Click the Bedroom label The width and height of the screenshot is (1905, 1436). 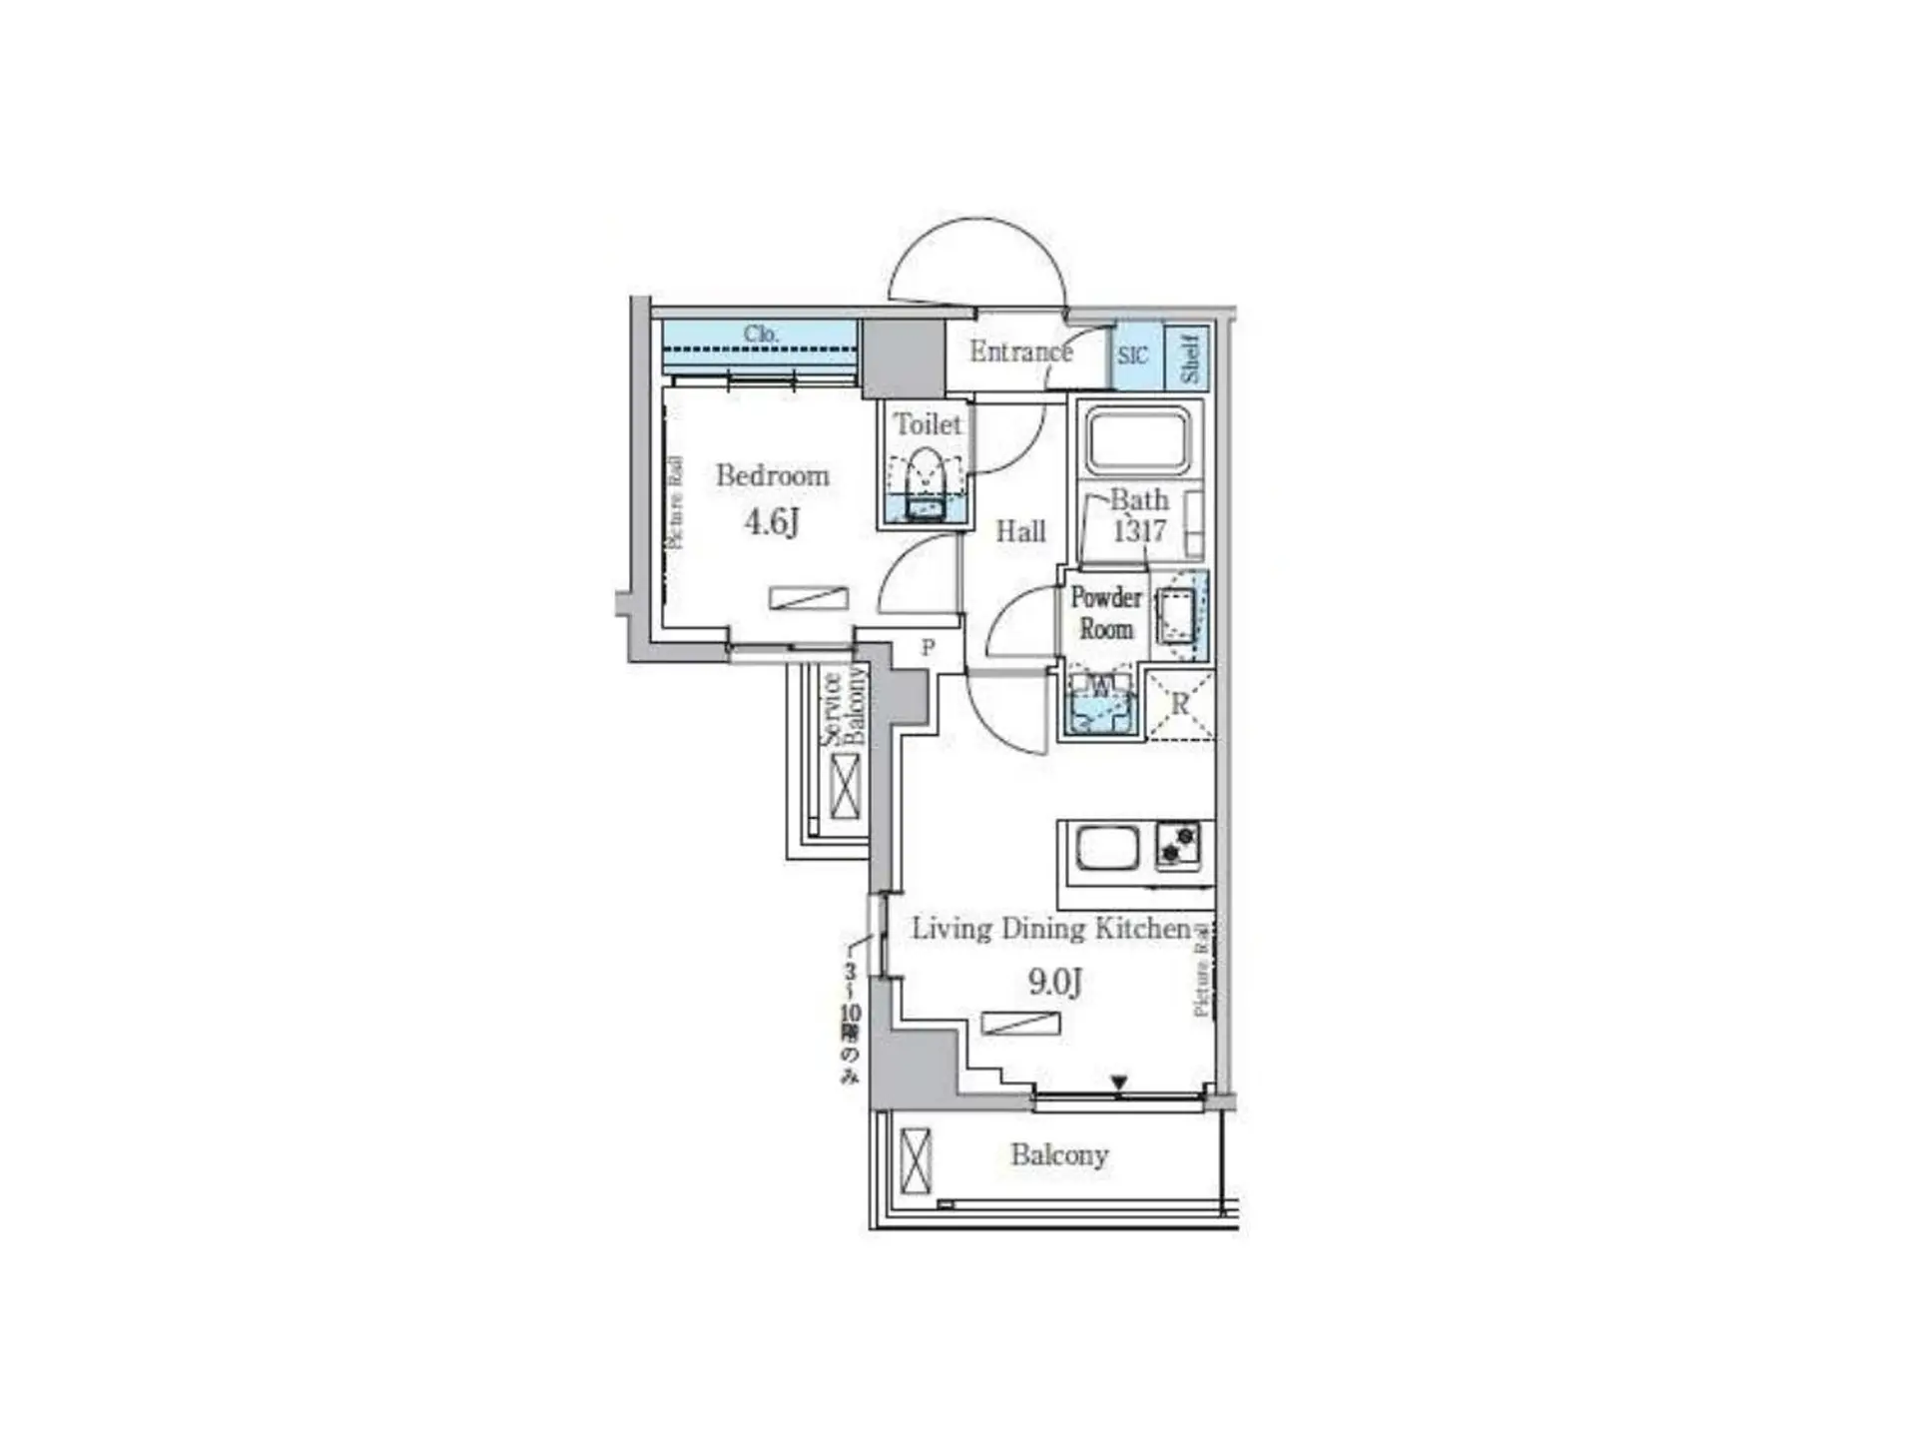click(x=772, y=474)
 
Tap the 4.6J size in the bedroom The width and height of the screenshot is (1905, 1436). click(x=772, y=521)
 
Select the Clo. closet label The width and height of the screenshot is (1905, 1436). click(x=761, y=334)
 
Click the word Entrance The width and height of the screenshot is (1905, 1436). click(x=1019, y=352)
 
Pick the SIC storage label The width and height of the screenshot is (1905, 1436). click(x=1132, y=356)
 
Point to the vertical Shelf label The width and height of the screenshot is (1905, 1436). click(x=1189, y=358)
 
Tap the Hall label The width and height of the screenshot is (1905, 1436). click(x=1020, y=531)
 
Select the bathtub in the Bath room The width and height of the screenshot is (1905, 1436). click(x=1138, y=439)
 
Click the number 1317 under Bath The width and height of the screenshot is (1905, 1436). click(x=1139, y=530)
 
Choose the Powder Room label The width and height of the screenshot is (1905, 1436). click(x=1105, y=613)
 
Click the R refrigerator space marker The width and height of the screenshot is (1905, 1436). click(x=1180, y=704)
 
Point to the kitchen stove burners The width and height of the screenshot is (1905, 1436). click(x=1178, y=845)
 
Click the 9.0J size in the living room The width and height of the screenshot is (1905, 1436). click(x=1054, y=983)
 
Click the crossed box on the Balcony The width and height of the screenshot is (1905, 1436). click(x=915, y=1159)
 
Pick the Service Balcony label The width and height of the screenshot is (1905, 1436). click(x=844, y=708)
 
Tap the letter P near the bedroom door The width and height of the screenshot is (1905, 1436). click(x=928, y=648)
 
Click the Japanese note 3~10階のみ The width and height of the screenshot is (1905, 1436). click(x=850, y=1024)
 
